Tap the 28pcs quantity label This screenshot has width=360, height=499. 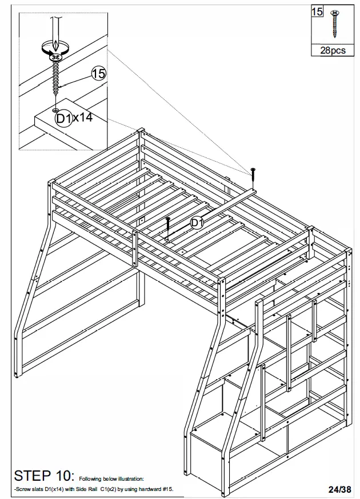point(333,50)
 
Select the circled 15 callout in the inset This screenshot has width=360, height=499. point(98,73)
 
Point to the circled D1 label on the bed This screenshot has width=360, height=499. point(197,223)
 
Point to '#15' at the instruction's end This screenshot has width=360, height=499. point(167,489)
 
